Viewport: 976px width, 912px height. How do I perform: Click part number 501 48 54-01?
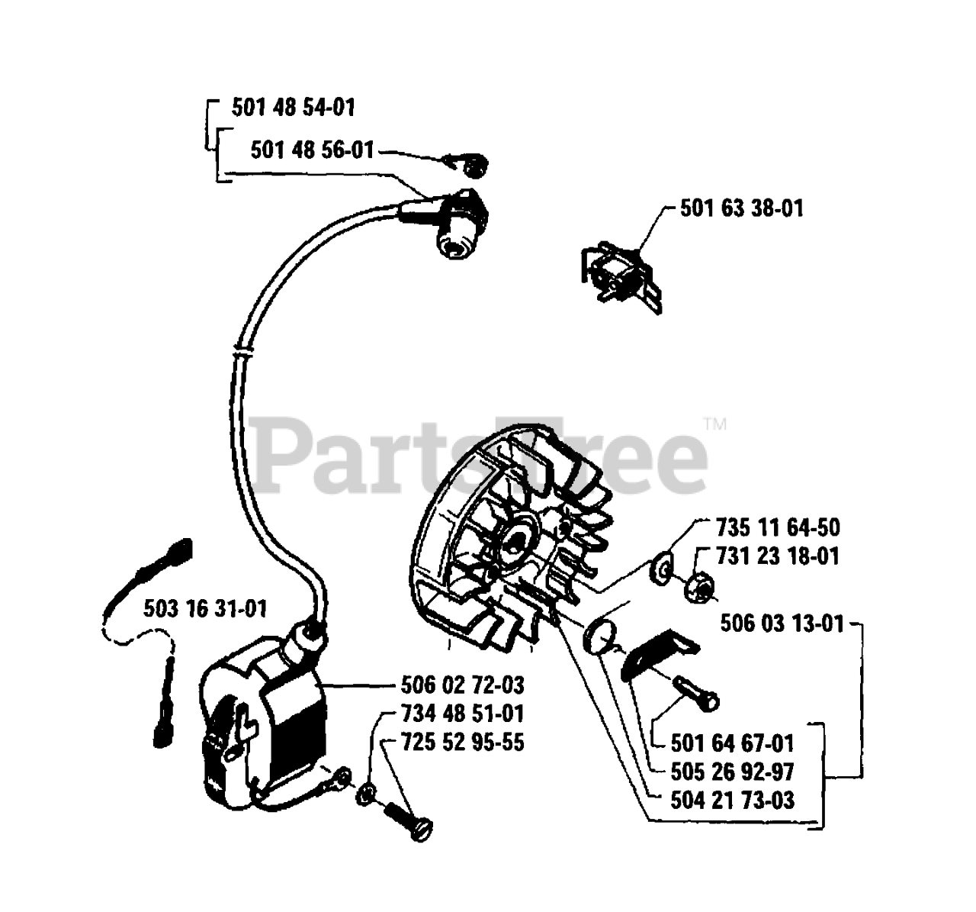pos(294,108)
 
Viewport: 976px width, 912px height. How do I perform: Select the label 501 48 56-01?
pos(313,150)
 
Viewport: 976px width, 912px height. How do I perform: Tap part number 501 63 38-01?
pos(741,208)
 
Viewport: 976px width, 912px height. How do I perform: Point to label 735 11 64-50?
pos(778,527)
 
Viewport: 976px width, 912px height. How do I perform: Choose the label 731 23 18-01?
pos(778,556)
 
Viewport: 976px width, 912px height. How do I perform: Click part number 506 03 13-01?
pos(782,624)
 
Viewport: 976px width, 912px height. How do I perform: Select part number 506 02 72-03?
pos(463,685)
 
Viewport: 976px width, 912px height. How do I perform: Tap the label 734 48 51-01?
pos(463,714)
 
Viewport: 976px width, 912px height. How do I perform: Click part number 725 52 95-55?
pos(463,742)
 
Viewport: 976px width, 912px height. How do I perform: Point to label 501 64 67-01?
pos(733,743)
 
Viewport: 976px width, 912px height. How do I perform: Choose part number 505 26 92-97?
pos(733,771)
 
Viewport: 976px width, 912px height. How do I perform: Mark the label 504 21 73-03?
pos(733,800)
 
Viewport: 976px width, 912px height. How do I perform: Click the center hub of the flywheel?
pos(519,543)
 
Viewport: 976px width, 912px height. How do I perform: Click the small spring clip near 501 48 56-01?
pos(469,164)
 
